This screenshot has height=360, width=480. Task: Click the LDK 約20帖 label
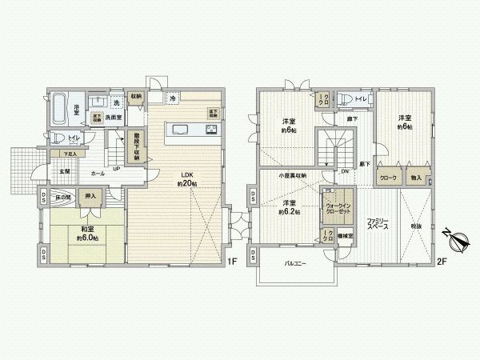coord(186,178)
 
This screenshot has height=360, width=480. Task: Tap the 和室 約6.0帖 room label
coord(86,233)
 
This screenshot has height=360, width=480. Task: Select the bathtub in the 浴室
coord(61,107)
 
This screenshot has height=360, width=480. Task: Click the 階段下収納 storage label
coord(137,147)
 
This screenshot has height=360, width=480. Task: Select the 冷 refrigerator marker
coord(173,98)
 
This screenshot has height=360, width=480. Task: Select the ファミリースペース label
coord(378,223)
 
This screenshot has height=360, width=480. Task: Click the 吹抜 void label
coord(415,226)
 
